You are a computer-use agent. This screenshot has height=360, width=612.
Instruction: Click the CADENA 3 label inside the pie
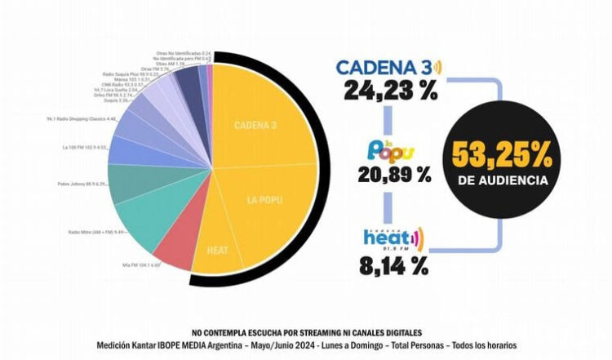tap(255, 125)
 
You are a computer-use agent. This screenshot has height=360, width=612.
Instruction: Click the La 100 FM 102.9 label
tap(85, 148)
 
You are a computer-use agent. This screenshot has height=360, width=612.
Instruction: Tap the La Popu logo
tap(391, 149)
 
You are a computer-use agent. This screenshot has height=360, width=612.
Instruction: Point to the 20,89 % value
tap(394, 174)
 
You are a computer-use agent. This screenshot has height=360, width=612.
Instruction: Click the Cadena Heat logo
tap(394, 238)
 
